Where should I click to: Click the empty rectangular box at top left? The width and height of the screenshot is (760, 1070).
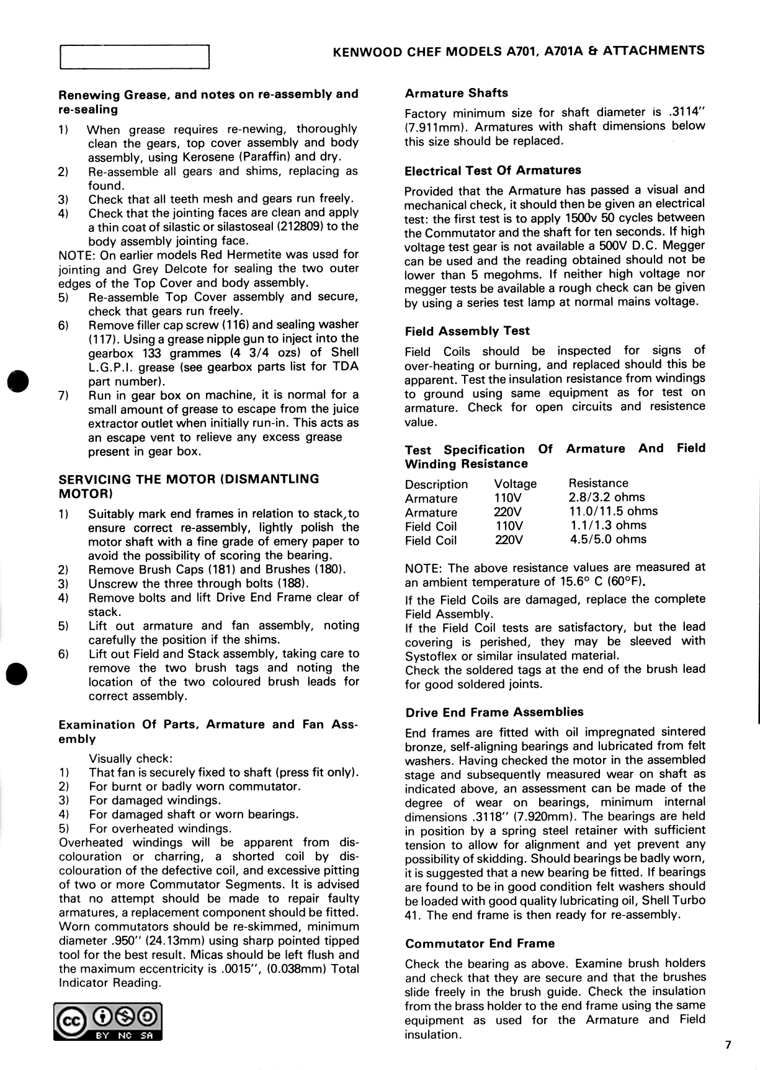135,57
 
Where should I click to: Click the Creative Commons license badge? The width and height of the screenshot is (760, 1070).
107,1022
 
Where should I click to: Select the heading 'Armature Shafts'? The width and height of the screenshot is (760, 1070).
456,93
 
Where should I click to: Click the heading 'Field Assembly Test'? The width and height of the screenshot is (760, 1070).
467,331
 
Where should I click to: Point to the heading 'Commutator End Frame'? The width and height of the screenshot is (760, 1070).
480,943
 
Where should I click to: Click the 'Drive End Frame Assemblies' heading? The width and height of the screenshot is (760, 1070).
494,712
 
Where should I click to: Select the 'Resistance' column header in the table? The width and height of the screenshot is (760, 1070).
598,483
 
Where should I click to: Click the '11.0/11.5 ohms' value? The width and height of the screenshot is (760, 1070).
613,512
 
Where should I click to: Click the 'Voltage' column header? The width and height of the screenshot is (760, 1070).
515,484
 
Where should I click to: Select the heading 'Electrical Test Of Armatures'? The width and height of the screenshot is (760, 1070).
493,171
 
